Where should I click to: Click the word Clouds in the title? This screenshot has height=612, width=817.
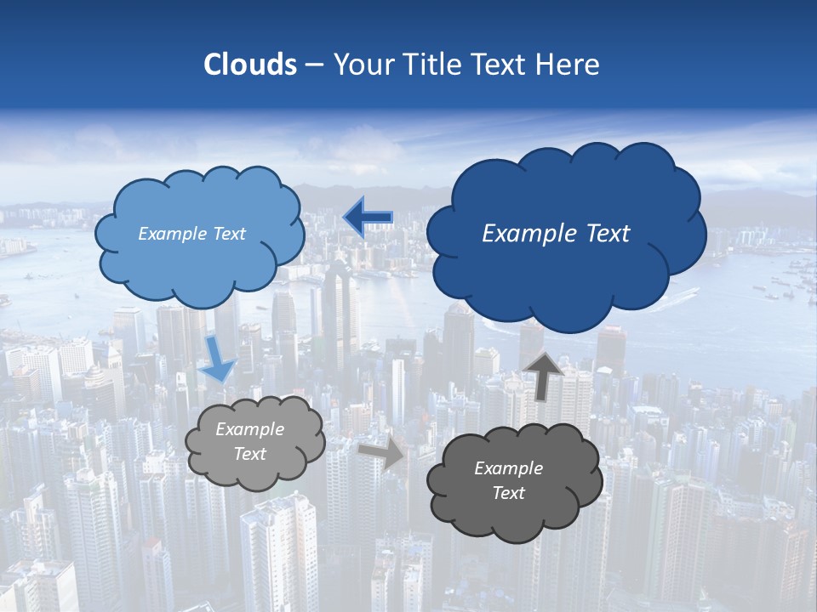250,65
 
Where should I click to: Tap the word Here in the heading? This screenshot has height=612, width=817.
570,65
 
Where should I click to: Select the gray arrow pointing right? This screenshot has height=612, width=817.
382,453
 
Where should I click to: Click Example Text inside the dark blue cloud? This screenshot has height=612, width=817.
556,234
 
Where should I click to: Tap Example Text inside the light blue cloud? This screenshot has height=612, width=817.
191,234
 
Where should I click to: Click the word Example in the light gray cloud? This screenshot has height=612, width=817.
249,429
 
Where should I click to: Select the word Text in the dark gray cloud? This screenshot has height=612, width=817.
508,493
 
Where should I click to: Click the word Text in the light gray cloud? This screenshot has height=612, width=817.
249,454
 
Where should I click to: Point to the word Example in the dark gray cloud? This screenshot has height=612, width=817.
508,468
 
